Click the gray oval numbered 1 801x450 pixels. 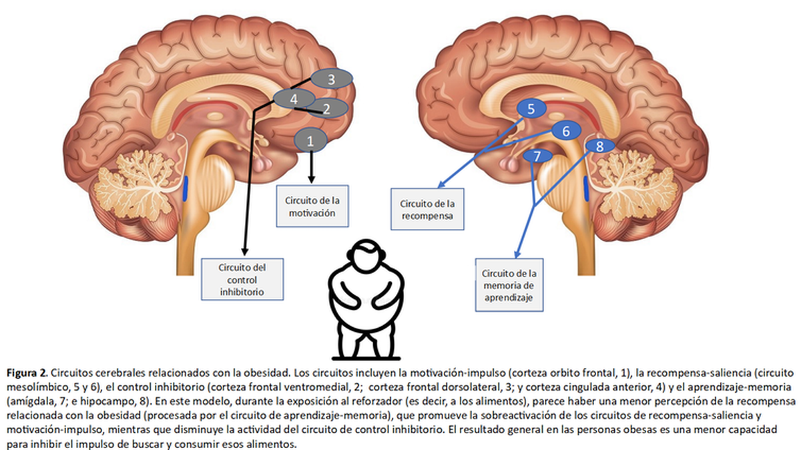310,140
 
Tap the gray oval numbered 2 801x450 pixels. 328,108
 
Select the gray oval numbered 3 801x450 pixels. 332,79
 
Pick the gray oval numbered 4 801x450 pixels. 294,99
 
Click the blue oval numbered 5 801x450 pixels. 531,108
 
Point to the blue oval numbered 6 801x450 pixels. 566,131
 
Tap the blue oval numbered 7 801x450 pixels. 537,156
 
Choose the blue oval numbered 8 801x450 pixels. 599,146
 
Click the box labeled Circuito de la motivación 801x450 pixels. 312,206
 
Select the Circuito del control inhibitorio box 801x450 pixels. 242,279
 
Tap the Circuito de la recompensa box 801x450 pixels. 427,209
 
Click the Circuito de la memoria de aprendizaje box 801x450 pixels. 509,285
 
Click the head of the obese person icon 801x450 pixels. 366,255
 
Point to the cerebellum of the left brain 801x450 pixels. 138,186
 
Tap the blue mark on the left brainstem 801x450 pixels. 185,188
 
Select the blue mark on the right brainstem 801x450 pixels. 587,188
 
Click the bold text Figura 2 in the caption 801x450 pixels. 27,373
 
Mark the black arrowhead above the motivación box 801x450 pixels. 312,179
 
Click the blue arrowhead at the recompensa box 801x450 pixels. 442,184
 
